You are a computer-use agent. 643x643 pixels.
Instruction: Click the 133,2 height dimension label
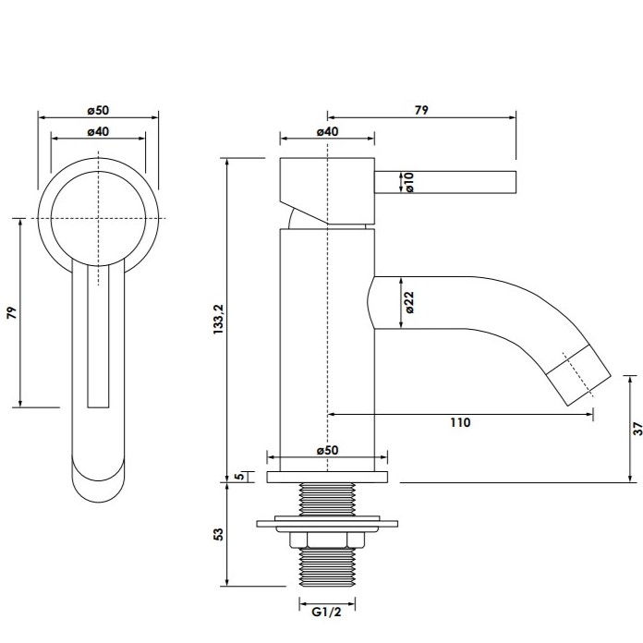pos(219,319)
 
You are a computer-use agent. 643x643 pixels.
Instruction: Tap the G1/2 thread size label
pos(326,612)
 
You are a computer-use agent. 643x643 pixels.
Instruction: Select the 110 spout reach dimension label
pos(460,422)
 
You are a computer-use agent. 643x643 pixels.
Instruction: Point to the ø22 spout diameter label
pos(409,303)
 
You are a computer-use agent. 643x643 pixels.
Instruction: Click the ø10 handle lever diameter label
pos(409,182)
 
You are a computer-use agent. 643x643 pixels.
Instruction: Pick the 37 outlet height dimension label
pos(637,429)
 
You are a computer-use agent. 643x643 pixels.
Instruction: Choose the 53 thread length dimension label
pos(219,534)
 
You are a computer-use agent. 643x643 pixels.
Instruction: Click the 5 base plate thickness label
pos(241,476)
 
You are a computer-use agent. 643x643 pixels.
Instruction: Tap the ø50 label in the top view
pos(98,110)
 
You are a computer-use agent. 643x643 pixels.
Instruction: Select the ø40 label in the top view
pos(98,131)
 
